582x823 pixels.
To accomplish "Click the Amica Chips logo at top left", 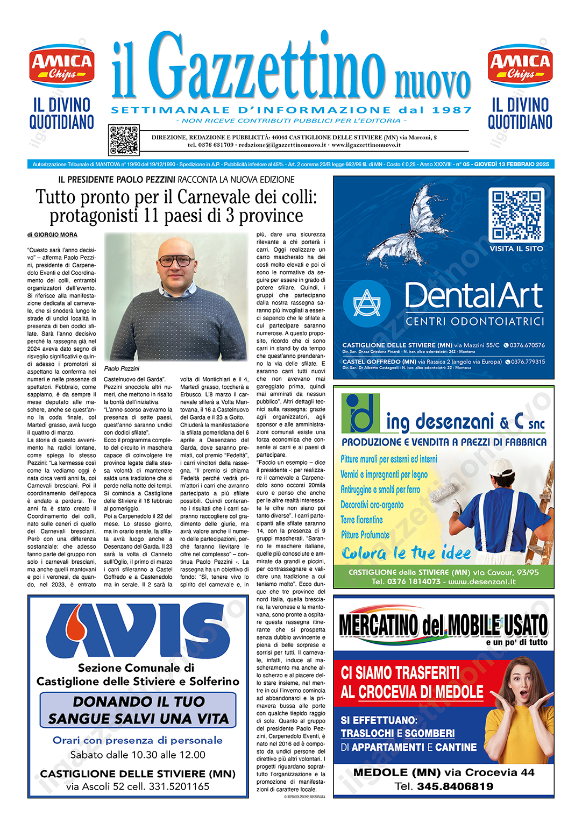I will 62,66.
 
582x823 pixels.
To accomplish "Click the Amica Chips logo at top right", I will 520,66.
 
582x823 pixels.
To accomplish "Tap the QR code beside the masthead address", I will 124,140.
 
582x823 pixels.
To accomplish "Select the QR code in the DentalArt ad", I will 516,215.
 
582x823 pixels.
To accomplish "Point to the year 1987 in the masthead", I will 452,110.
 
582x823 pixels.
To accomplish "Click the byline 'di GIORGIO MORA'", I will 52,235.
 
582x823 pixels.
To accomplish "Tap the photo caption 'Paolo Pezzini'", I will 122,368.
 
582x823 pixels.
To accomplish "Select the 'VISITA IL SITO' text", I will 516,249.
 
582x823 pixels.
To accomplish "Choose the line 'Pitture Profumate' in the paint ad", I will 365,535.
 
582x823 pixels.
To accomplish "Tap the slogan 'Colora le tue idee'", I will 406,553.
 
